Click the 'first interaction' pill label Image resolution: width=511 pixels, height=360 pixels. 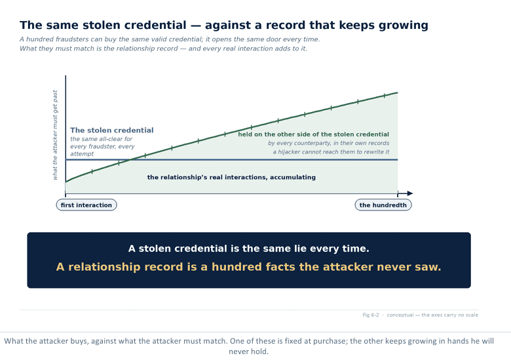[86, 205]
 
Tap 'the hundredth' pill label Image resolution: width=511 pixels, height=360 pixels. [383, 205]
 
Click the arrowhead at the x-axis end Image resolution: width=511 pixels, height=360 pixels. [410, 193]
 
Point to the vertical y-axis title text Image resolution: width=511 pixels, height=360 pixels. [55, 135]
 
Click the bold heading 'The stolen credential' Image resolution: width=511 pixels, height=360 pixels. [112, 130]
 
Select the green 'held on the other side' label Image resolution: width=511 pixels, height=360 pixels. [314, 134]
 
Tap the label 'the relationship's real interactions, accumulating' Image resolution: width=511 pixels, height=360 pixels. [231, 177]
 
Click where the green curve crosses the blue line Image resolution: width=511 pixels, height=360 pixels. [130, 159]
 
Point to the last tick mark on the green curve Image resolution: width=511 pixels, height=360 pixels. [384, 96]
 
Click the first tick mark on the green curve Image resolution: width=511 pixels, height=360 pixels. [92, 172]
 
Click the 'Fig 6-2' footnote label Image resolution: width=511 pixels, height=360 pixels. [371, 315]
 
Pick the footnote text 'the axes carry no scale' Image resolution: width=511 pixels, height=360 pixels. [449, 315]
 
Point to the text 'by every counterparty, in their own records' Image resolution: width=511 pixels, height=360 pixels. [328, 143]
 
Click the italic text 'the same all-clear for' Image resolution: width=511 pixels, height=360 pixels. [102, 139]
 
